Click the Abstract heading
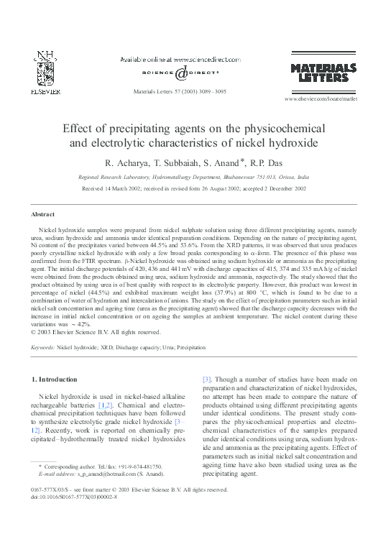pyautogui.click(x=44, y=214)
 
